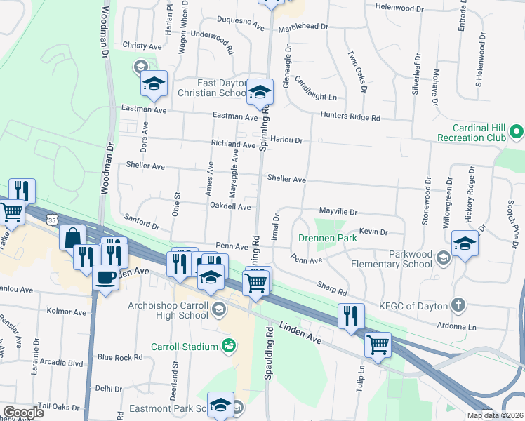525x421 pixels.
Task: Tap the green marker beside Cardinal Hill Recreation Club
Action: click(516, 131)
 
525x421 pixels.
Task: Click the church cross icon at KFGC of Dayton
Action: click(458, 305)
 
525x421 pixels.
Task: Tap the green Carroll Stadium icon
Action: click(228, 345)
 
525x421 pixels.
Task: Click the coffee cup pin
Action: click(105, 277)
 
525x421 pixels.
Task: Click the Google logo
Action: click(23, 413)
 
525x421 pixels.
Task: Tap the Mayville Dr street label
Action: click(338, 211)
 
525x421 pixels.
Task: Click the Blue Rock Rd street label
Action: click(120, 357)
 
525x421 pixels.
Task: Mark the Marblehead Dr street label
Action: click(303, 27)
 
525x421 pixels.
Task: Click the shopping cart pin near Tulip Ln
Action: click(378, 345)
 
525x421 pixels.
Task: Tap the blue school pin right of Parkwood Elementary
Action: click(465, 243)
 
